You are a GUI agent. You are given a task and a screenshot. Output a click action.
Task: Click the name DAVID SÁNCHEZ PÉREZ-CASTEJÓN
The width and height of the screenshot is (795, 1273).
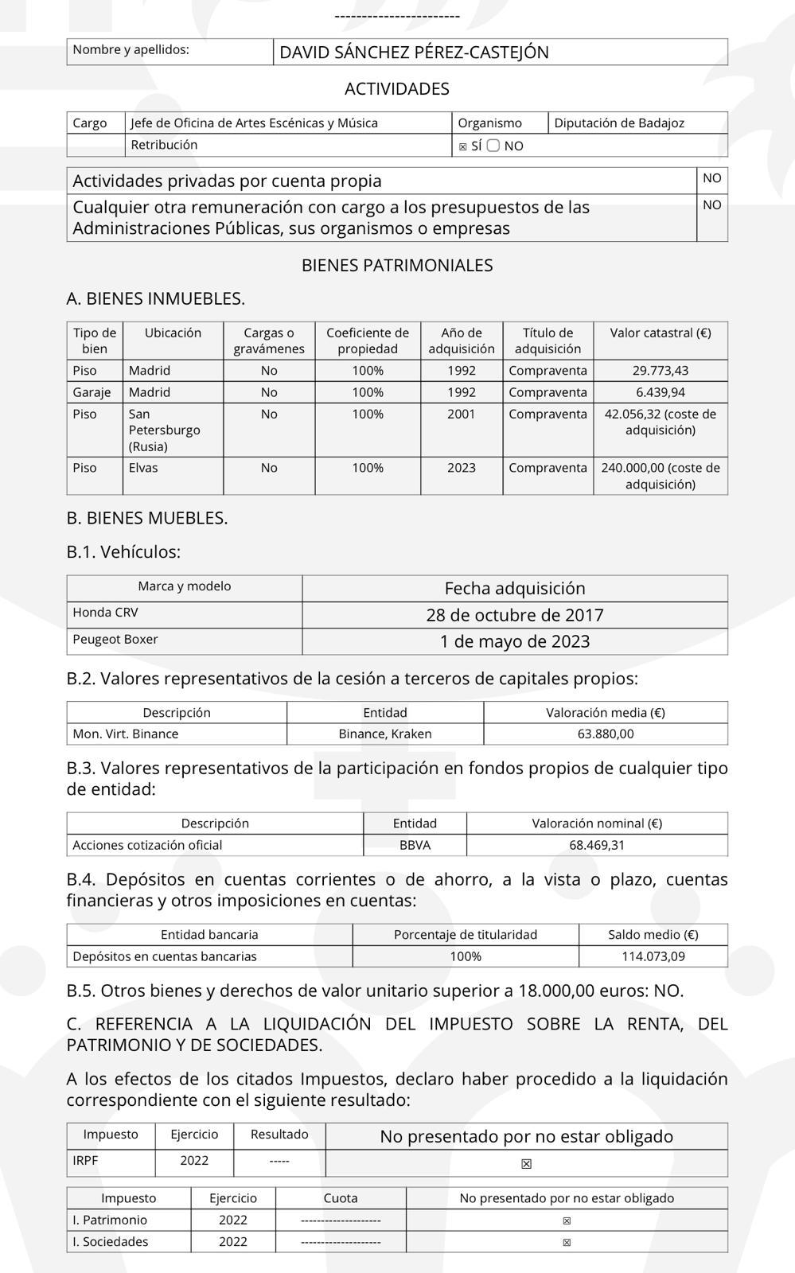point(414,53)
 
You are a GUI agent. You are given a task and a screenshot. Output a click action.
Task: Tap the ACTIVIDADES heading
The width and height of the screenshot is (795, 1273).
point(397,88)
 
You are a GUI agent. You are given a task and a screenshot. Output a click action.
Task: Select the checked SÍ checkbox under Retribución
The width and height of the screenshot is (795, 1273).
point(463,146)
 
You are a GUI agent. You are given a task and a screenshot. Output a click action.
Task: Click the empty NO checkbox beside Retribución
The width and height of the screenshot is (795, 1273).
point(493,146)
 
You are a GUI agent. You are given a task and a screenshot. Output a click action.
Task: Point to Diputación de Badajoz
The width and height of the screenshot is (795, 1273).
point(618,123)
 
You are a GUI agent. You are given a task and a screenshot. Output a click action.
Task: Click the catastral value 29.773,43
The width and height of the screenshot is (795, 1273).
point(660,370)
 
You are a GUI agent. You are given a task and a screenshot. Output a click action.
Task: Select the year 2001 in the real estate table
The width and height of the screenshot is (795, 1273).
point(461,414)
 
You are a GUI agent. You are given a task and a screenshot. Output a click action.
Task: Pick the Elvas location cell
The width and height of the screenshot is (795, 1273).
point(143,468)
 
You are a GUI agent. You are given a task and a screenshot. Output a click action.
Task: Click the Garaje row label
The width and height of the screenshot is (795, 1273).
point(92,392)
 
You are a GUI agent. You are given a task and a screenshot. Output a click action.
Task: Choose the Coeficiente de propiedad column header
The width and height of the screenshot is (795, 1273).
point(368,341)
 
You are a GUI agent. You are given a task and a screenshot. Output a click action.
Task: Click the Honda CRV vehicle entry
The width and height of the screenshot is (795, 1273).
point(105,613)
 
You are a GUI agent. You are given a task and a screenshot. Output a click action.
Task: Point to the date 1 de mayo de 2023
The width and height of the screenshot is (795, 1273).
point(514,641)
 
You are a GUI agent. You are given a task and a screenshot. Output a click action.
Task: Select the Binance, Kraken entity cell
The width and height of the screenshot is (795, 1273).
point(385,734)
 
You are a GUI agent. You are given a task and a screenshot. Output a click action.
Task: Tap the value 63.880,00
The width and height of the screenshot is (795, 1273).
point(605,734)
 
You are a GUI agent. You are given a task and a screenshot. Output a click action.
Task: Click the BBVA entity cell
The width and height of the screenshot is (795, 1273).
point(415,845)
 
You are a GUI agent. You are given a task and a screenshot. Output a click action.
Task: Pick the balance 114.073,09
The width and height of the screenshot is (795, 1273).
point(653,956)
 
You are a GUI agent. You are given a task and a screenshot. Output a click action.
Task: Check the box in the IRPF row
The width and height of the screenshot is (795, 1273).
point(526,1164)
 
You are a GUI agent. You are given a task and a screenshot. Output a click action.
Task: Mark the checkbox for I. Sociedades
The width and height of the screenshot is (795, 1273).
point(567,1242)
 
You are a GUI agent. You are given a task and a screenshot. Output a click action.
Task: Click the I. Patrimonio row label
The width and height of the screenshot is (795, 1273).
point(110,1220)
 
